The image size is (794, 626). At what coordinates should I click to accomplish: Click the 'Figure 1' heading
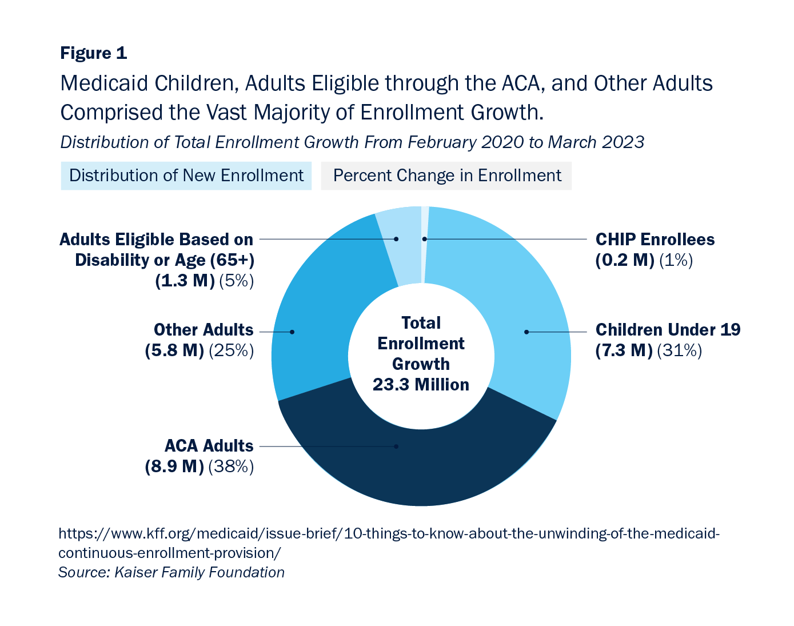pyautogui.click(x=93, y=53)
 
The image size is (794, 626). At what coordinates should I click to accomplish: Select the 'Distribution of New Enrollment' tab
pyautogui.click(x=186, y=176)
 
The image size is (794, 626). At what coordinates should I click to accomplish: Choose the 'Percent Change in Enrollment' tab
pyautogui.click(x=446, y=176)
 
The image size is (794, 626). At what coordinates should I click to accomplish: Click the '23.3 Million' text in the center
pyautogui.click(x=421, y=385)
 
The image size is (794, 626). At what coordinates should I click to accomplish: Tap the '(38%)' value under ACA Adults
pyautogui.click(x=231, y=466)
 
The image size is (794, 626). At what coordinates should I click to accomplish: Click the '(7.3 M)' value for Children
pyautogui.click(x=624, y=350)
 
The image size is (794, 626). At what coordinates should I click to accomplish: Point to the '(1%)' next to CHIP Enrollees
pyautogui.click(x=676, y=260)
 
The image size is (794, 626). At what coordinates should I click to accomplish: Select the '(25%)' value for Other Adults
pyautogui.click(x=231, y=350)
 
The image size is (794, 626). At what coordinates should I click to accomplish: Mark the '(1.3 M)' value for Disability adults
pyautogui.click(x=185, y=281)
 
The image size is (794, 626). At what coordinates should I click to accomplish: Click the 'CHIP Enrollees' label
pyautogui.click(x=655, y=240)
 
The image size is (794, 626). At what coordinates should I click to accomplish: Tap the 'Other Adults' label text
pyautogui.click(x=203, y=330)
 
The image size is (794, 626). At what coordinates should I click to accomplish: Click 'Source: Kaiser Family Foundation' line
pyautogui.click(x=171, y=572)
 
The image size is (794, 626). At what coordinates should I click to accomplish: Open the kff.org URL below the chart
pyautogui.click(x=389, y=534)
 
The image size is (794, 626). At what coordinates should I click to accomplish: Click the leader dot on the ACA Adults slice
pyautogui.click(x=396, y=446)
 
